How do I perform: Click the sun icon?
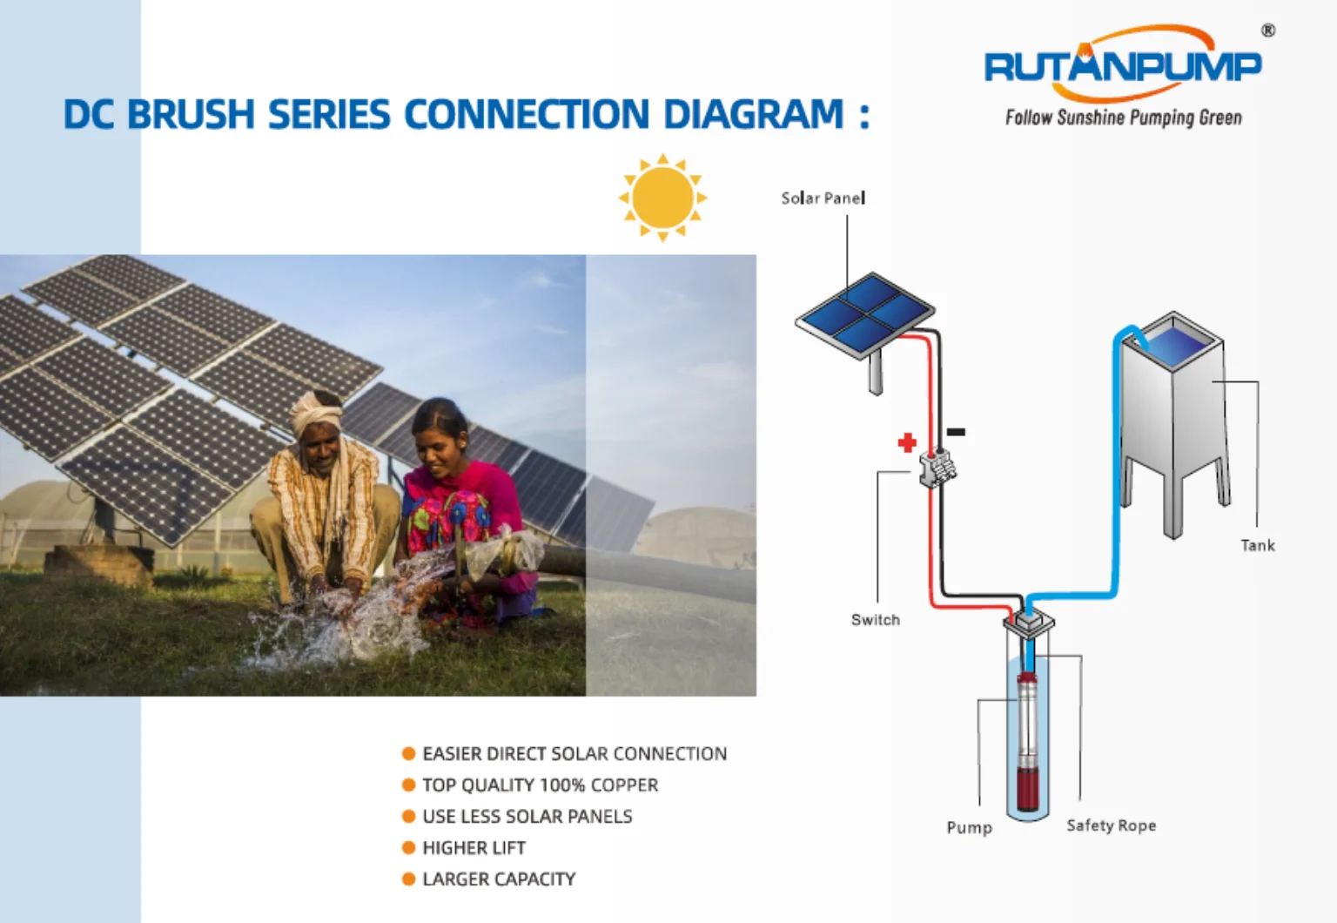click(x=662, y=198)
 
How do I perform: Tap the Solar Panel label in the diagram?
click(x=823, y=198)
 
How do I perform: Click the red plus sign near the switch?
click(x=907, y=442)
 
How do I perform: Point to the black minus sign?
click(x=956, y=432)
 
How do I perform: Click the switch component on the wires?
click(x=937, y=468)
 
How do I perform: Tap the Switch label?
click(x=875, y=620)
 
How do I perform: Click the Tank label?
click(x=1257, y=546)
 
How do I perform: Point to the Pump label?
click(x=969, y=827)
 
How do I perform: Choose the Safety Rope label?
click(x=1111, y=825)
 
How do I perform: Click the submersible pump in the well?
click(x=1028, y=740)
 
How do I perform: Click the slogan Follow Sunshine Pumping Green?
click(x=1123, y=118)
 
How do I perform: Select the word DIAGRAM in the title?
click(x=753, y=115)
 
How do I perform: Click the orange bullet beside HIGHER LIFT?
click(x=408, y=848)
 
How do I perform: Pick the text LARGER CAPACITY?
click(x=499, y=879)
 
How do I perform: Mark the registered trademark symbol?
click(x=1268, y=30)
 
